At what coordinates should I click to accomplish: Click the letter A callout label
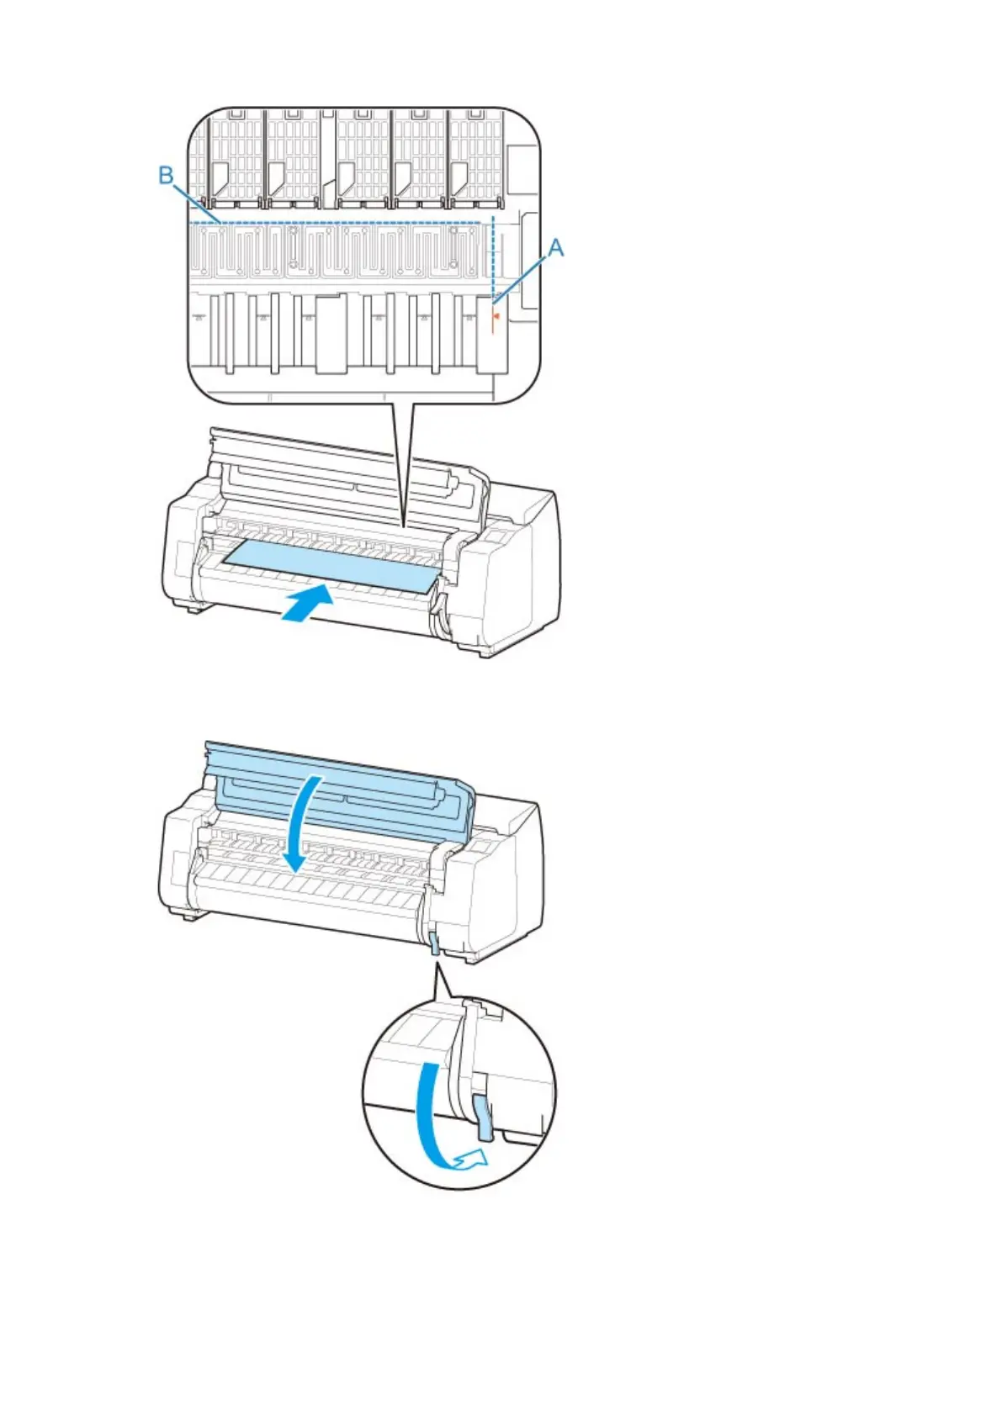tap(555, 247)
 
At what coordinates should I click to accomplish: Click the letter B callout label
tap(167, 175)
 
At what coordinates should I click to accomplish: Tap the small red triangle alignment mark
tap(496, 317)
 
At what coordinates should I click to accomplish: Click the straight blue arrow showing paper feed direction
tap(305, 606)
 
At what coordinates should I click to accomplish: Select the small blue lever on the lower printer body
tap(434, 943)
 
